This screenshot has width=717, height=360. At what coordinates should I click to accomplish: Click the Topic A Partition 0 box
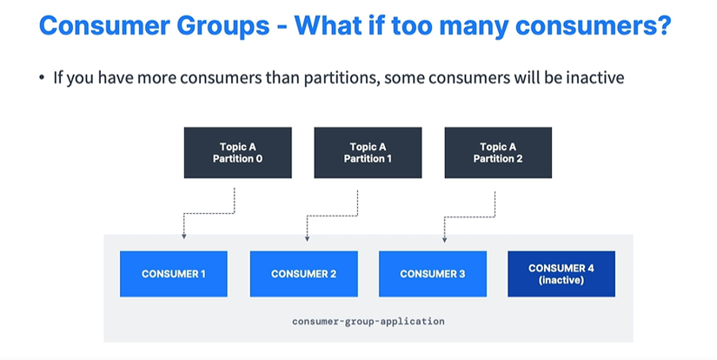pyautogui.click(x=238, y=153)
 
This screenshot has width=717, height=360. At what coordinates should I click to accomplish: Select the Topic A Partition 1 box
pyautogui.click(x=368, y=153)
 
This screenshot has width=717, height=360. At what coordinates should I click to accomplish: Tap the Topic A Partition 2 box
pyautogui.click(x=498, y=153)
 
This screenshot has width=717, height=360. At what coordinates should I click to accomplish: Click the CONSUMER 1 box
pyautogui.click(x=174, y=274)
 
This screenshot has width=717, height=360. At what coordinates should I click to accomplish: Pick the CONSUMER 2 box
pyautogui.click(x=303, y=274)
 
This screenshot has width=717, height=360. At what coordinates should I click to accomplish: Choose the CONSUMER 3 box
pyautogui.click(x=433, y=274)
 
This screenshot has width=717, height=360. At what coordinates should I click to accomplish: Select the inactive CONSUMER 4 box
pyautogui.click(x=561, y=274)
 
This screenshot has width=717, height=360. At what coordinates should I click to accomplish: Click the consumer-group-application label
pyautogui.click(x=368, y=321)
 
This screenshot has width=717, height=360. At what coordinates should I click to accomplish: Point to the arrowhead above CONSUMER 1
pyautogui.click(x=184, y=236)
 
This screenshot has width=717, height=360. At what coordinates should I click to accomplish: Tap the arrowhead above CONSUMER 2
pyautogui.click(x=308, y=238)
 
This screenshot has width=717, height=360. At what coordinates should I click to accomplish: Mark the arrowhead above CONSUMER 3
pyautogui.click(x=444, y=239)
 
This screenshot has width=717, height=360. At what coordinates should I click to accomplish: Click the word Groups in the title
pyautogui.click(x=223, y=25)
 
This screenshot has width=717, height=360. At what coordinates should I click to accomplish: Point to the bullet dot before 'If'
pyautogui.click(x=42, y=77)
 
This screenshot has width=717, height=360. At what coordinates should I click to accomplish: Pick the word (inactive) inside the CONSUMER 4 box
pyautogui.click(x=561, y=280)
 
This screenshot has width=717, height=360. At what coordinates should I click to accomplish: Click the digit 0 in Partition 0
pyautogui.click(x=259, y=159)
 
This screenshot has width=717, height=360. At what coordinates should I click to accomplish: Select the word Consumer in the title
pyautogui.click(x=104, y=25)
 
